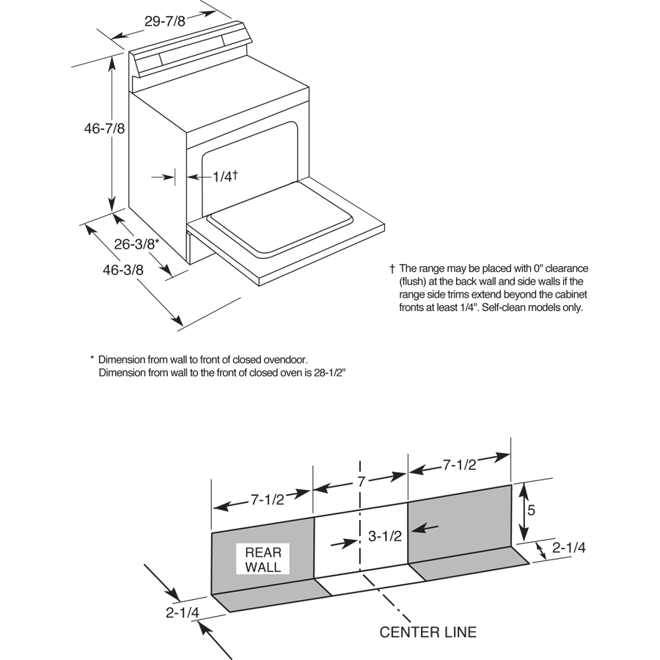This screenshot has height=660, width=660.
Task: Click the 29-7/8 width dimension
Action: (x=165, y=21)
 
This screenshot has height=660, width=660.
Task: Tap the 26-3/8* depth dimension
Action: (x=138, y=244)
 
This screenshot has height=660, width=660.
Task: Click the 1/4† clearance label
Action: (x=225, y=176)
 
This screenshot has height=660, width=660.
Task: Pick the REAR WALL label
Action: (x=263, y=560)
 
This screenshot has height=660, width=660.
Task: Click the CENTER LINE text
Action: (x=428, y=631)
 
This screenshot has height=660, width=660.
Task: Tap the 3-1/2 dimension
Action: (x=385, y=536)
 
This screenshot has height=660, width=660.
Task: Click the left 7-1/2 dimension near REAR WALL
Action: (x=268, y=499)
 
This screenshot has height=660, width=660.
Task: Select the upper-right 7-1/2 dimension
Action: (x=460, y=464)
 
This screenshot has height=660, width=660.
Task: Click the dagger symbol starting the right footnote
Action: (x=392, y=268)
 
